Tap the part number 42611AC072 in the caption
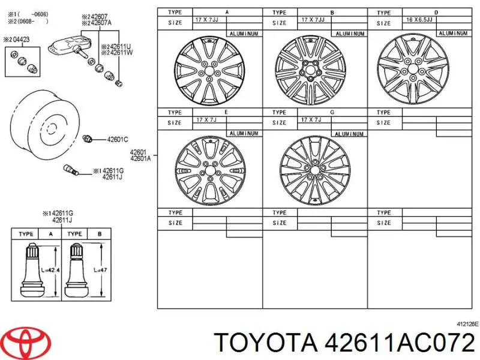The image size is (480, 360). [400, 342]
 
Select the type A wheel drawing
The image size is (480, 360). [209, 71]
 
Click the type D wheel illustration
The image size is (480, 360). [413, 68]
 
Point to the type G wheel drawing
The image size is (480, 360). [314, 171]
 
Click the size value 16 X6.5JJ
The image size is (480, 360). [419, 20]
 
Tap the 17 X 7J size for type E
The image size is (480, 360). [206, 119]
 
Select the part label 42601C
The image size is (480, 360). [118, 140]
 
